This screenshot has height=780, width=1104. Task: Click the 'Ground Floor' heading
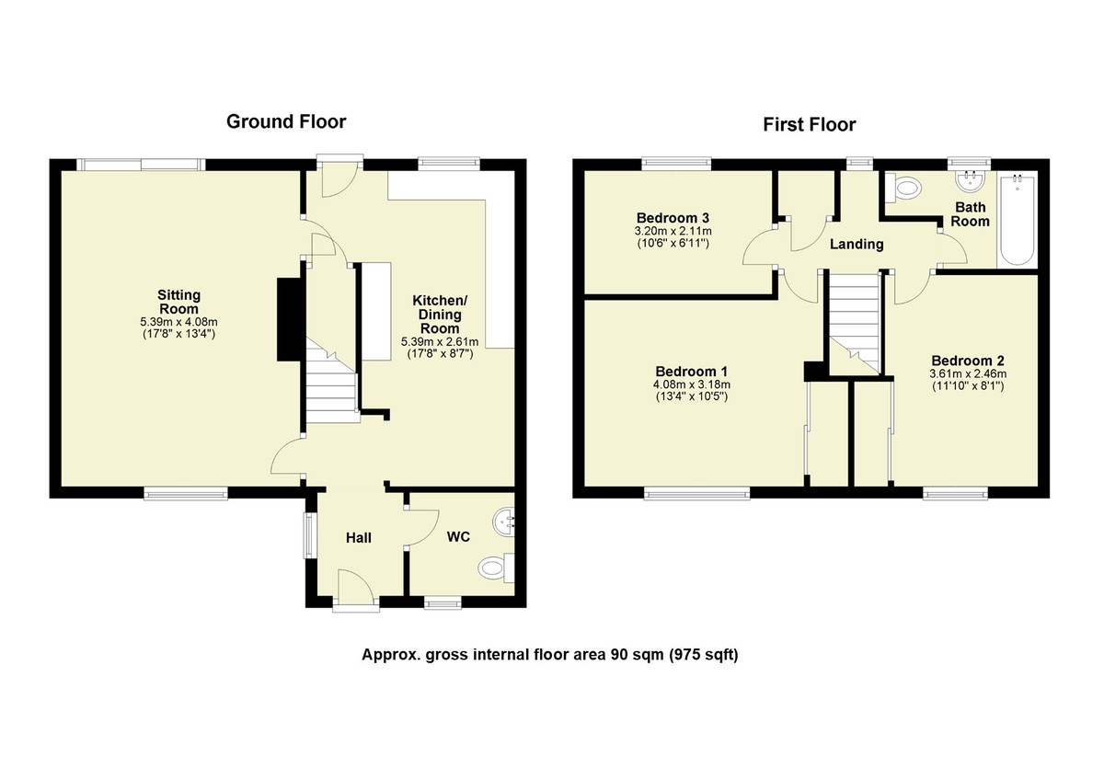point(286,121)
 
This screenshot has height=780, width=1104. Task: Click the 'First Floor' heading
point(809,125)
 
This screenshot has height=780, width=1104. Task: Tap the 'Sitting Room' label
point(178,303)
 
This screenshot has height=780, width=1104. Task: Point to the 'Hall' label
point(359,537)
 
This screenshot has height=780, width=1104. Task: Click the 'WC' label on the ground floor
point(458,537)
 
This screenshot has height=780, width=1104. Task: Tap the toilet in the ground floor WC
point(498,567)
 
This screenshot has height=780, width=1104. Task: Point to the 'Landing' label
point(856,245)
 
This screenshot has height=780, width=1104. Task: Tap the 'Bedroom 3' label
point(675,218)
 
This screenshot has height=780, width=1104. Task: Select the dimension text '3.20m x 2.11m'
point(675,231)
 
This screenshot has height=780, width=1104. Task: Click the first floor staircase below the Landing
point(856,327)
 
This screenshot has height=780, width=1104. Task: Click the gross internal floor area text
point(550,655)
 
